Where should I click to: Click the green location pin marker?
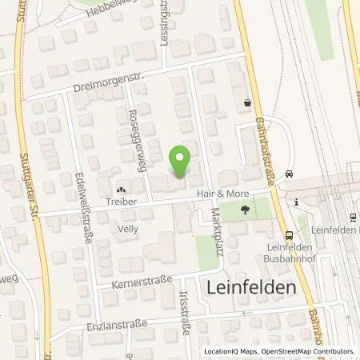click(x=181, y=161)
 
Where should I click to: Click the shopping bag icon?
click(x=248, y=102)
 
